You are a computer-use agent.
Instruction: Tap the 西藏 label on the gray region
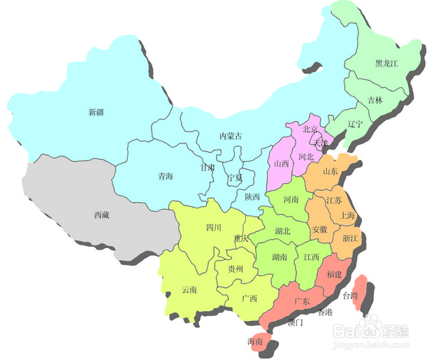pyautogui.click(x=101, y=215)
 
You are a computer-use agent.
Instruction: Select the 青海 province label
pyautogui.click(x=166, y=177)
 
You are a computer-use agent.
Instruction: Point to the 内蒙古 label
pyautogui.click(x=231, y=136)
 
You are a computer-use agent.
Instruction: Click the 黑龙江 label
pyautogui.click(x=387, y=63)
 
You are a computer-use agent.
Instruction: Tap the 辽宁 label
pyautogui.click(x=355, y=124)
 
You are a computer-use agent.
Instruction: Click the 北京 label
pyautogui.click(x=310, y=130)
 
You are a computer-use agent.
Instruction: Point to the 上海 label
pyautogui.click(x=347, y=216)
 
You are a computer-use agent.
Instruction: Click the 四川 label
pyautogui.click(x=214, y=228)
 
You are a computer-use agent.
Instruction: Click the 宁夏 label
pyautogui.click(x=236, y=178)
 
